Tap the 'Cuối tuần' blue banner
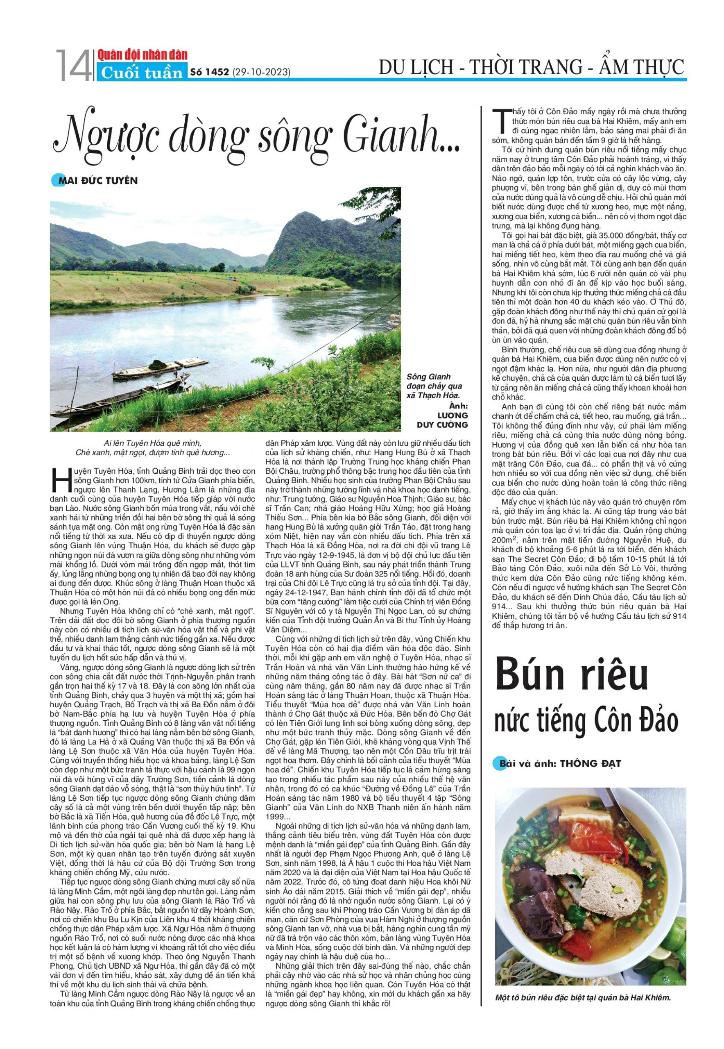pos(142,73)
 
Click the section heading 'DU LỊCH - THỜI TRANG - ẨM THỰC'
pos(531,67)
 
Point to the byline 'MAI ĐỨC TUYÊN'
pos(97,181)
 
